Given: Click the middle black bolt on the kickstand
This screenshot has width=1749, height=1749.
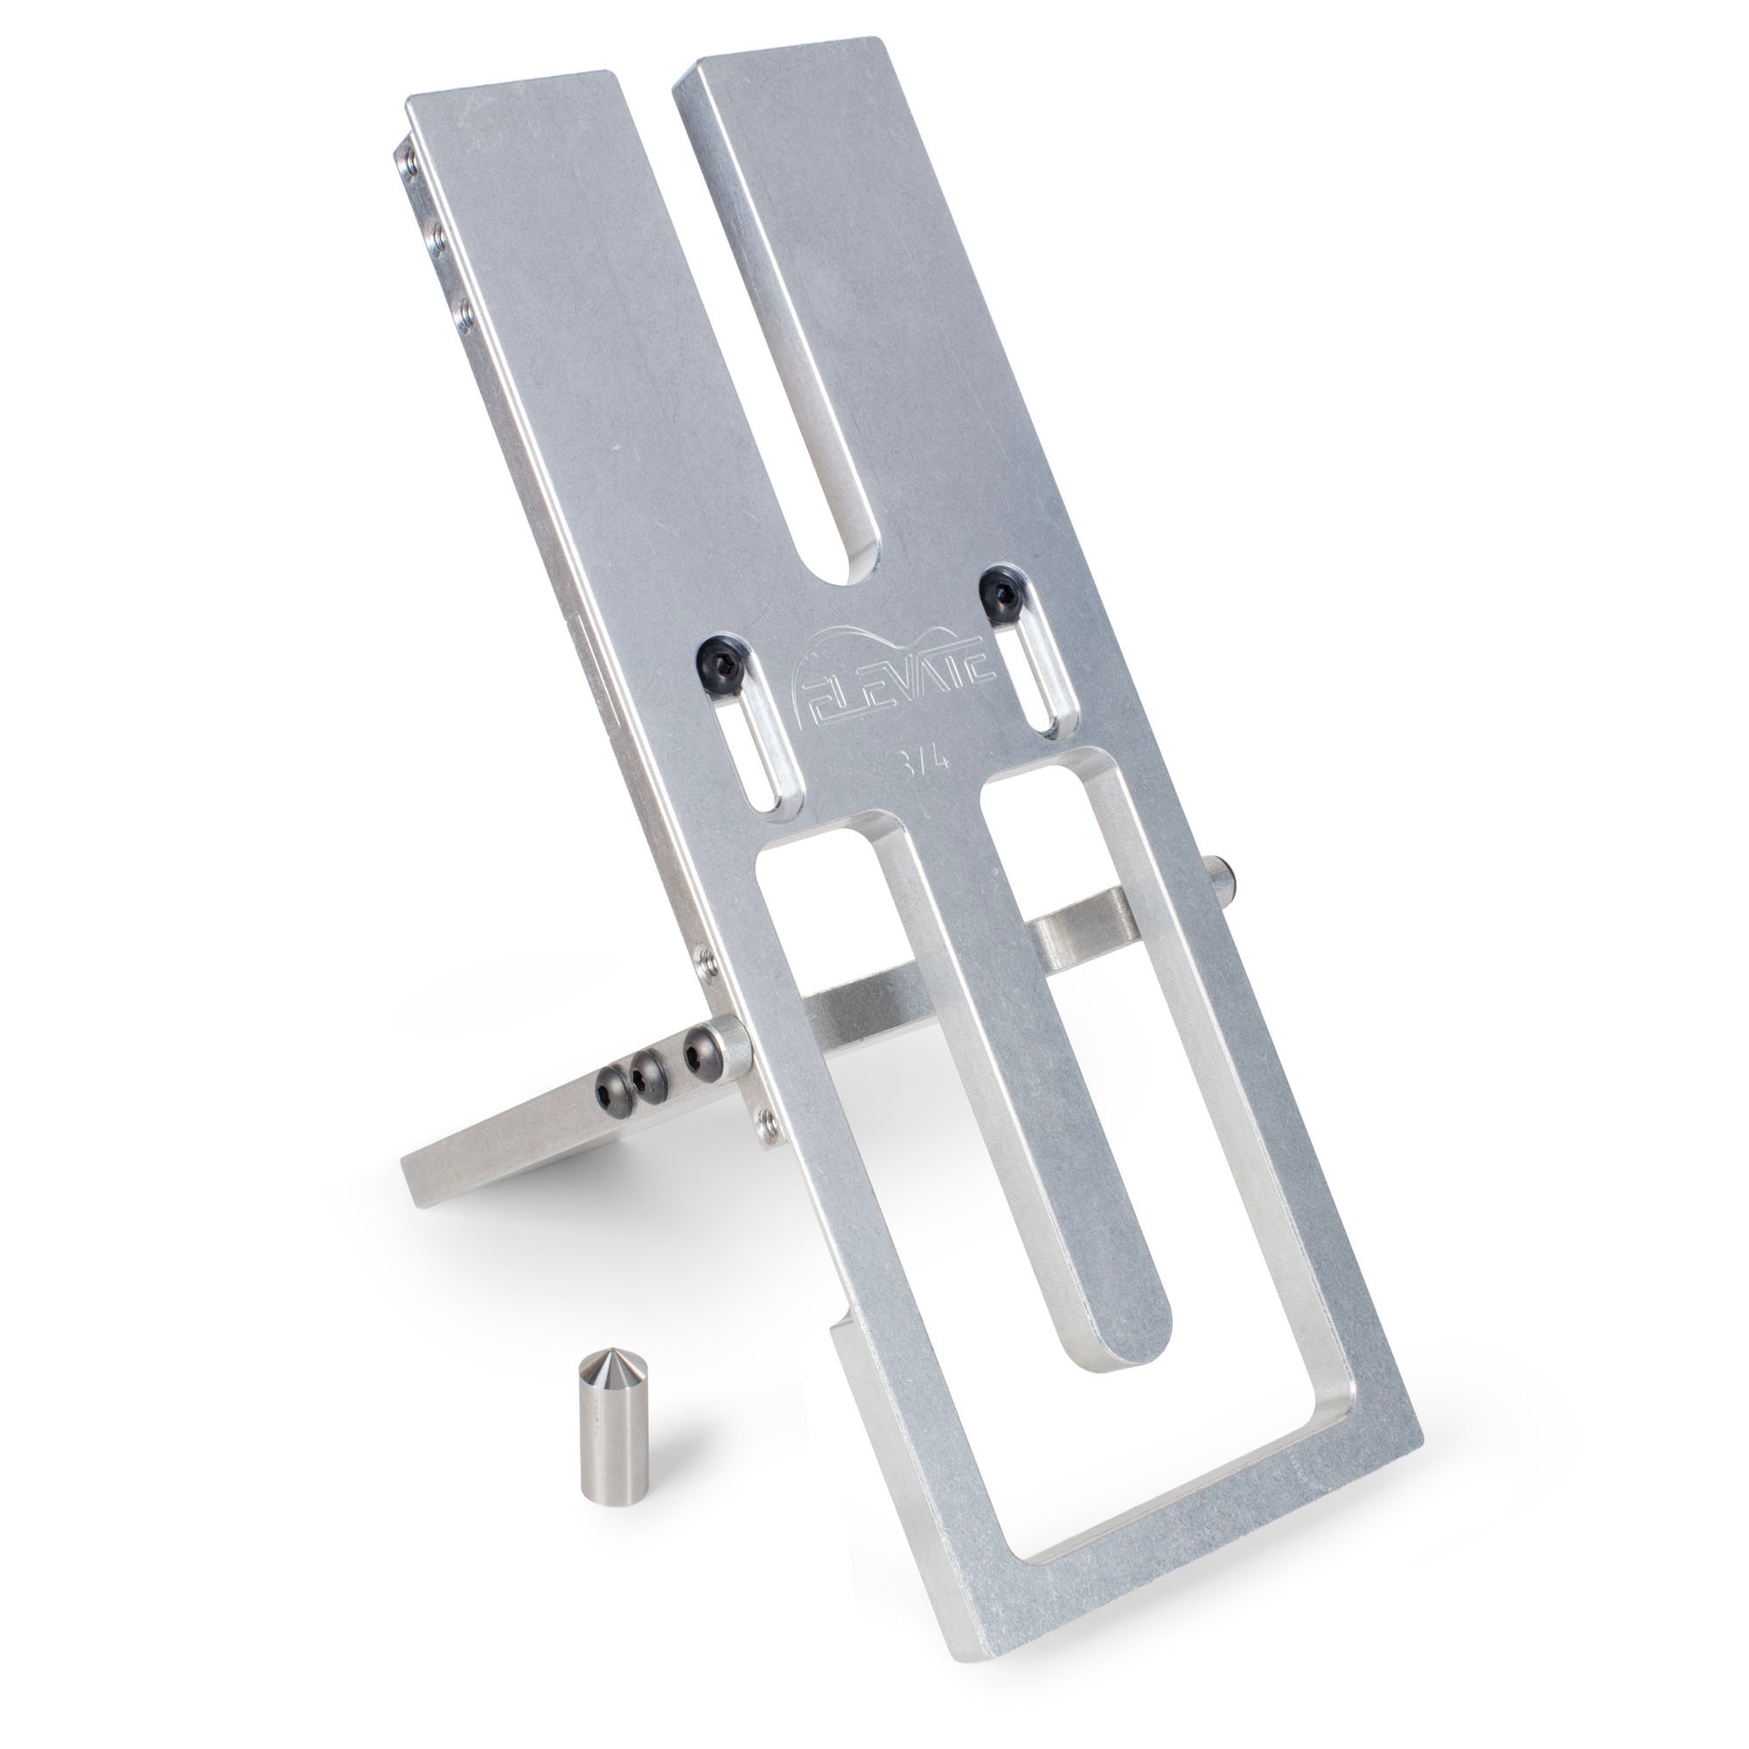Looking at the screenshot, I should (646, 1074).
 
